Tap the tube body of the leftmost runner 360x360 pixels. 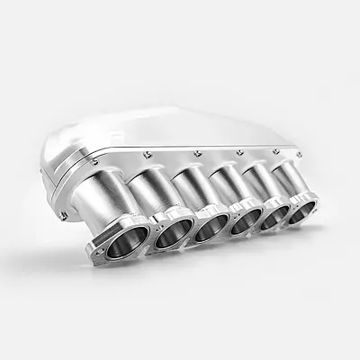coord(117,202)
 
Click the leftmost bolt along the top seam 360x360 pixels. coord(94,162)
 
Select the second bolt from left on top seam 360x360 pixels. coord(144,159)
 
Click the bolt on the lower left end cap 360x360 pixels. coord(63,215)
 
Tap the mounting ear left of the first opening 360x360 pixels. coord(94,249)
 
